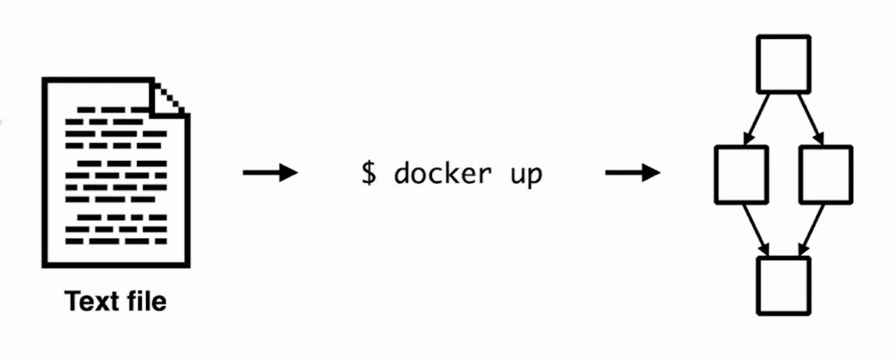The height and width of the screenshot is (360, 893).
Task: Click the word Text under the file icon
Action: tap(89, 301)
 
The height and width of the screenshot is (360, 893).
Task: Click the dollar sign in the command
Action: tap(368, 173)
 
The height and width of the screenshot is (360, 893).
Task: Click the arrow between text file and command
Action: tap(270, 173)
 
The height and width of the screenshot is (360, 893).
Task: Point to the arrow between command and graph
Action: tap(632, 173)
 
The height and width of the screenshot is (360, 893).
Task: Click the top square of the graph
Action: tap(784, 63)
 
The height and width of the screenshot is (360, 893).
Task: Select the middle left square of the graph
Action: tap(741, 173)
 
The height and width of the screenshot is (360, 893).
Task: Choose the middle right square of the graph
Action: tap(826, 173)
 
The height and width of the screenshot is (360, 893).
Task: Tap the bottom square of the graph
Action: tap(784, 284)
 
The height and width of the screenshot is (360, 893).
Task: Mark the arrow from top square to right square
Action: tap(810, 119)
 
